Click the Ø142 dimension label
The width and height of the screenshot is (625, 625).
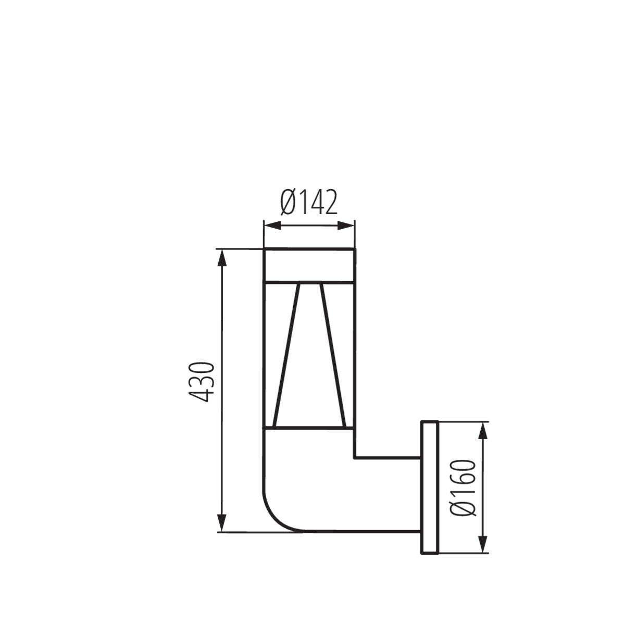click(309, 202)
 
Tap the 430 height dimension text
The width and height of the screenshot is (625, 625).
click(201, 381)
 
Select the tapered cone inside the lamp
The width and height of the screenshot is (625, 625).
click(309, 359)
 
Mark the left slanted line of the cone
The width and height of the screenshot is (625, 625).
click(286, 354)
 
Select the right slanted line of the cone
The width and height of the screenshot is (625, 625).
click(332, 354)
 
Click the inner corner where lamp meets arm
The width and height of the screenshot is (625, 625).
click(355, 458)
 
